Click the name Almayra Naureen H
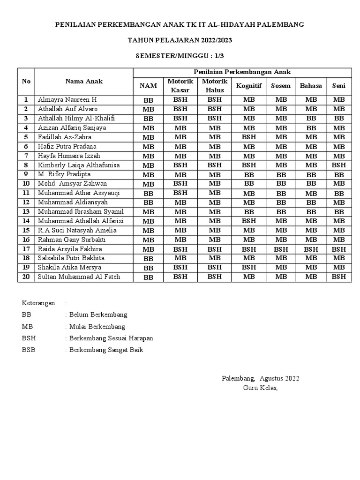(x=67, y=100)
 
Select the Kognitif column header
(x=249, y=86)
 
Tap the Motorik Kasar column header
(x=180, y=86)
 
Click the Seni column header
(x=338, y=86)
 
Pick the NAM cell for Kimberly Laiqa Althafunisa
(x=148, y=165)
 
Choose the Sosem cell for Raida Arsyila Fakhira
(x=281, y=249)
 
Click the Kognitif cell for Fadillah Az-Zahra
(x=249, y=137)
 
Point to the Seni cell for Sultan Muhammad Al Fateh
(x=338, y=277)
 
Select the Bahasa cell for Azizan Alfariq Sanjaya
(x=311, y=128)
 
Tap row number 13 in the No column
(x=26, y=212)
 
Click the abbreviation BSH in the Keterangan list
(x=29, y=338)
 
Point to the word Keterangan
(x=38, y=303)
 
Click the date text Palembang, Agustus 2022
(x=260, y=378)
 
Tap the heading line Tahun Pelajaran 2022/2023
(x=180, y=40)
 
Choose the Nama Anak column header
(x=84, y=81)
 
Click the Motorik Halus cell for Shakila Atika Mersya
(x=214, y=268)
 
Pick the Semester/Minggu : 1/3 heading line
(x=180, y=56)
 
